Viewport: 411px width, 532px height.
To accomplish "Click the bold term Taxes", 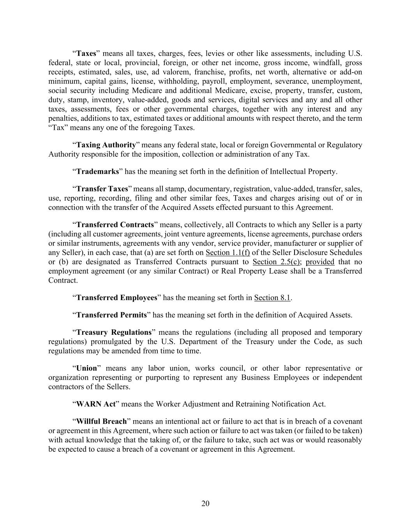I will coord(86,53).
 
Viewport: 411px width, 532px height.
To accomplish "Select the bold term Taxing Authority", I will coord(106,145).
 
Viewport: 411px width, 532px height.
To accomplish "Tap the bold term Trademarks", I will coord(97,171).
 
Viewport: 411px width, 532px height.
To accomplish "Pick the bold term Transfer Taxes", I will coord(102,189).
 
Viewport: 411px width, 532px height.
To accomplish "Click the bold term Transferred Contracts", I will coord(115,225).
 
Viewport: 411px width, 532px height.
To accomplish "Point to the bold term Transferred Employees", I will coord(116,298).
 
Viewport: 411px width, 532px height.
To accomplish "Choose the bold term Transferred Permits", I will coord(111,315).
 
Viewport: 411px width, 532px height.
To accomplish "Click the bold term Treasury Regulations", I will coord(114,332).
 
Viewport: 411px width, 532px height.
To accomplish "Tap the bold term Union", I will coord(86,368).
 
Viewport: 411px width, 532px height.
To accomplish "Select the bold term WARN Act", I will coord(96,404).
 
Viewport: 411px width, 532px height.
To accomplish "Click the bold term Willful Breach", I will coord(101,422).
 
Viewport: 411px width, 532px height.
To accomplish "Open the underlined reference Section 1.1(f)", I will coord(228,253).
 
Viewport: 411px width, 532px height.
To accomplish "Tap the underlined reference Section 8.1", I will coord(272,298).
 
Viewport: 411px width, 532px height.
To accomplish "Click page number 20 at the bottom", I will coord(205,504).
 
